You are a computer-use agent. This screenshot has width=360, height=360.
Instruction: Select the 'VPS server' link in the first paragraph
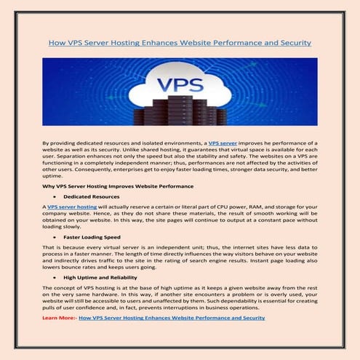coord(226,144)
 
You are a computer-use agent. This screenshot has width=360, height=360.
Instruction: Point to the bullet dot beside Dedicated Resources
coord(56,197)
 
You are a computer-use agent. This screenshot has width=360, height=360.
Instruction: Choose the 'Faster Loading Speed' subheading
coord(91,237)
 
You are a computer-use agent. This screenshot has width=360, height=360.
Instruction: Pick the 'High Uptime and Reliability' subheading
coord(100,277)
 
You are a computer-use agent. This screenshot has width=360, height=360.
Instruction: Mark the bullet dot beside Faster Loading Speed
coord(56,237)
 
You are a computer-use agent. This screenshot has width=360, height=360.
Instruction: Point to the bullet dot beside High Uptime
coord(56,277)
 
